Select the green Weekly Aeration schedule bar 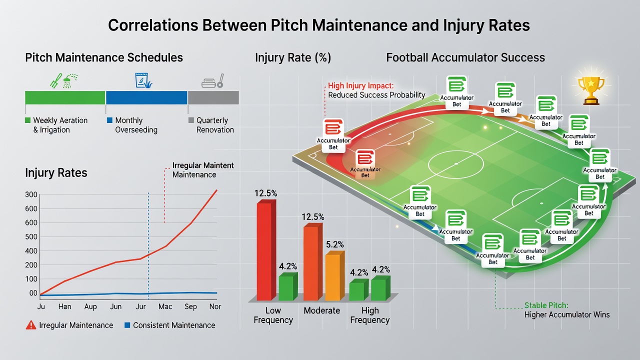click(x=65, y=97)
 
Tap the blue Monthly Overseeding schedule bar click(x=146, y=97)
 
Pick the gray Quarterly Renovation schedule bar click(x=213, y=97)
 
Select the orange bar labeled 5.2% click(x=335, y=276)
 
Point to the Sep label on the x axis click(x=190, y=306)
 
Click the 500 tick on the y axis click(x=31, y=237)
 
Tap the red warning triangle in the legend click(x=31, y=325)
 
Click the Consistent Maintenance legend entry click(x=170, y=325)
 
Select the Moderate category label click(x=321, y=310)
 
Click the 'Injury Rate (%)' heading click(x=293, y=57)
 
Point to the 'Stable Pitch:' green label click(x=546, y=305)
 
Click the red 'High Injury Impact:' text click(x=360, y=85)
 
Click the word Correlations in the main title click(x=153, y=25)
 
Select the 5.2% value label click(x=335, y=244)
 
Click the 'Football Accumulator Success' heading click(x=465, y=57)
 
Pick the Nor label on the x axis click(x=215, y=306)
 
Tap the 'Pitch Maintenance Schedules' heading click(x=104, y=57)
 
